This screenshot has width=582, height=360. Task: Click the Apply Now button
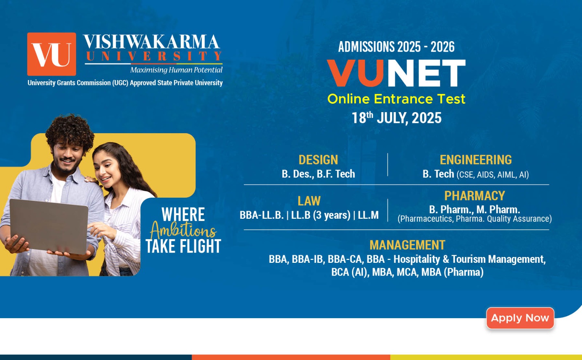click(520, 318)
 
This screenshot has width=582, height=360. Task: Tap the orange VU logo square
click(52, 54)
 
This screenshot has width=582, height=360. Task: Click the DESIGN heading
click(318, 159)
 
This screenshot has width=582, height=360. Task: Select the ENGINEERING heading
click(476, 159)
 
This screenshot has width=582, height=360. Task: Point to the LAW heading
click(309, 201)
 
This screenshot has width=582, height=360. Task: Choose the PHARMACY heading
click(475, 196)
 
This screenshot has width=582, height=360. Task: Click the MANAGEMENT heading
click(407, 245)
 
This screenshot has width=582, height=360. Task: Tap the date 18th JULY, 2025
click(396, 118)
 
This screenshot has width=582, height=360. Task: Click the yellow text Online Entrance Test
click(396, 99)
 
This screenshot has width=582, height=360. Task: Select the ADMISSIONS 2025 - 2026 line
click(396, 47)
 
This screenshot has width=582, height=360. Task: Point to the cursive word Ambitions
click(183, 230)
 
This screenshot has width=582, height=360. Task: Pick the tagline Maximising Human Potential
click(176, 70)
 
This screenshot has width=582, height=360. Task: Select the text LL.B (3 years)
click(320, 215)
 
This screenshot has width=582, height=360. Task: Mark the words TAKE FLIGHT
click(183, 246)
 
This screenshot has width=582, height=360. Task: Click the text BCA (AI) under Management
click(350, 272)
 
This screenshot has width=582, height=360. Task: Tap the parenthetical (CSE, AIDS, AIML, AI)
click(493, 175)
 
